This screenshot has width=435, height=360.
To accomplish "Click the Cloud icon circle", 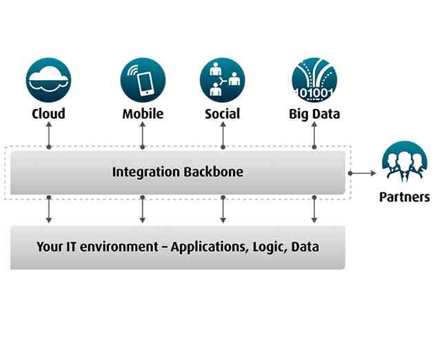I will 48,80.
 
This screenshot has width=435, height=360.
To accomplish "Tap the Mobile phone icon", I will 143,80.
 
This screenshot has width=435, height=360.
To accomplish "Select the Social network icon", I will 223,80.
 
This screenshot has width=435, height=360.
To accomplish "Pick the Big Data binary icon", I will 314,80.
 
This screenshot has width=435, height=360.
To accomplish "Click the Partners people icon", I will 404,163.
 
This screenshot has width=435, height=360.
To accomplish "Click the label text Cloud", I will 48,114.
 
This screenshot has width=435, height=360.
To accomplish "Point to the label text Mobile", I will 143,114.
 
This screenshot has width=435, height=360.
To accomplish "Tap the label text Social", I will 223,114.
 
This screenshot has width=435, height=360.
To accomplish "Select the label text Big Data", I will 314,114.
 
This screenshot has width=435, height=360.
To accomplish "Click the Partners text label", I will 405,197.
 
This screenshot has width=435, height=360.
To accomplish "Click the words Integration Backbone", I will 177,172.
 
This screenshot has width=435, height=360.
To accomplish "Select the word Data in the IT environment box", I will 305,246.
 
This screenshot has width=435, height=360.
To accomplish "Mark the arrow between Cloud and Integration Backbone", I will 48,137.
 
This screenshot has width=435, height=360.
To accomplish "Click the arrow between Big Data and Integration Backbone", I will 314,137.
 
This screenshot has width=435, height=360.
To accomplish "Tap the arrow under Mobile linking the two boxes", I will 143,209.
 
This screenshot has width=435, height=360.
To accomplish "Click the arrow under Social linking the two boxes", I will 223,209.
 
